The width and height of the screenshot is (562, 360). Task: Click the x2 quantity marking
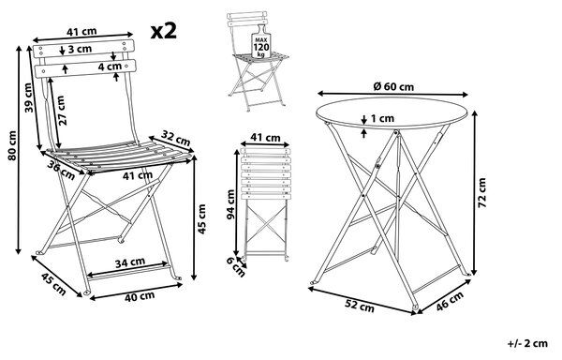pos(163,31)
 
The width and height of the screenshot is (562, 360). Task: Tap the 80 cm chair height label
pos(12,145)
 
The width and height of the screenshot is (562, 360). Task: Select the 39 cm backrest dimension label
pos(30,97)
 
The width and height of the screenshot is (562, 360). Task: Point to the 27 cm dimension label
pos(61,111)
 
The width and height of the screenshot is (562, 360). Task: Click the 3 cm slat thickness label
pos(80,49)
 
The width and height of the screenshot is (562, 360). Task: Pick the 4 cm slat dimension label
pos(110,66)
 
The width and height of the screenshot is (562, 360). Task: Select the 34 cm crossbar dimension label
pos(130,262)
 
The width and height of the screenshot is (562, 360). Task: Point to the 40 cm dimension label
pos(140,297)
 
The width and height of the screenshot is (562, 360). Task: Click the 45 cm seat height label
pos(201,219)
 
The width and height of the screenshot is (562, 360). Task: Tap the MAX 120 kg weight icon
pos(260,43)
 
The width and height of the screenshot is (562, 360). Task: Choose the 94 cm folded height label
pos(230,204)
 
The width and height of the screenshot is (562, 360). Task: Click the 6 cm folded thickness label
pos(236,267)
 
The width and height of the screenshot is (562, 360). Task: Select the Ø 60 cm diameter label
pos(393,86)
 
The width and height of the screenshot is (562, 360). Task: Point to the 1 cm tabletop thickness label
pos(382,118)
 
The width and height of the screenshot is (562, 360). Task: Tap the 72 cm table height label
pos(482,192)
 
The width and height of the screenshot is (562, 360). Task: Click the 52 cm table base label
pos(359,305)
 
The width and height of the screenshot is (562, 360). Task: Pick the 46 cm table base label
pos(450,300)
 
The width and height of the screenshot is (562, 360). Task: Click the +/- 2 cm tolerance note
pos(527,343)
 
